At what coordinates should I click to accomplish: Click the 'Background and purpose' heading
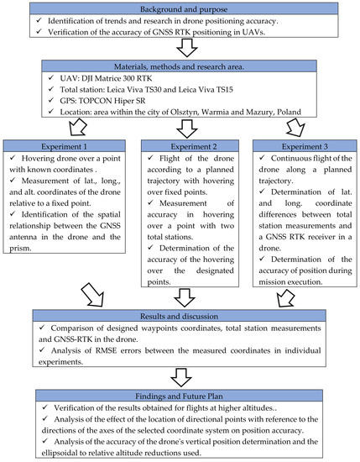click(x=179, y=8)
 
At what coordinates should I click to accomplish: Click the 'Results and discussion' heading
click(x=179, y=316)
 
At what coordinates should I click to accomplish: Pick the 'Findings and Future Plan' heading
click(x=179, y=393)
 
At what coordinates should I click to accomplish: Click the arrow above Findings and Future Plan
click(x=179, y=375)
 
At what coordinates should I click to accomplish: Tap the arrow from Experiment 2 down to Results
click(x=179, y=298)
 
